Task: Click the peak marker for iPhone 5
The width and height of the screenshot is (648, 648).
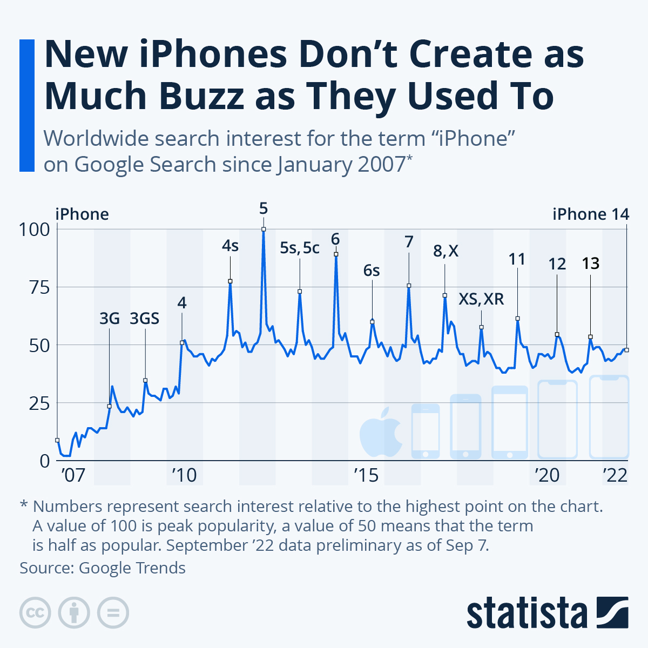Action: coord(264,229)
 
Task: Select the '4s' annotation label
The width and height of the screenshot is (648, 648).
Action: coord(230,246)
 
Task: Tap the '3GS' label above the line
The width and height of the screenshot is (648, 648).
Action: coord(145,319)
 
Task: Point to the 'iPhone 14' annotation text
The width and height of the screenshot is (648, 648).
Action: coord(591,214)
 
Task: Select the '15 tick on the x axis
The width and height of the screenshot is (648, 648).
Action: coord(366,475)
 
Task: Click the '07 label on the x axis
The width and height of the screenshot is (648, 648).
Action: coord(73,475)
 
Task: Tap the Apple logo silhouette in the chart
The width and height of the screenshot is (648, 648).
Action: coord(381,431)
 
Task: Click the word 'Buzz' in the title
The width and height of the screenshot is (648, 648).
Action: coord(198,96)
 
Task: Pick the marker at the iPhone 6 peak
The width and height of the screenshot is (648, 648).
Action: coord(336,254)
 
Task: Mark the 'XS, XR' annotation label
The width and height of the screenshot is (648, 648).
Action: coord(481,299)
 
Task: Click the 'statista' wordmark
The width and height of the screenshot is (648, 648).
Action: coord(527,613)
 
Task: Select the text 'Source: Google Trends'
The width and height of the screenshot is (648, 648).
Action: coord(103,568)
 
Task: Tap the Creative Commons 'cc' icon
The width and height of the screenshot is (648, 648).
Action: coord(35,613)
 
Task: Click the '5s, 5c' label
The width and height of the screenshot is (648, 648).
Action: coord(300,248)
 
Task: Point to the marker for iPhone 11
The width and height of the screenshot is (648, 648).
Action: coord(517,319)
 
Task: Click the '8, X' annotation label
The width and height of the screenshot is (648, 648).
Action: coord(446,251)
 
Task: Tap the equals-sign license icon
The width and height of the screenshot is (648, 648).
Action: coord(113,613)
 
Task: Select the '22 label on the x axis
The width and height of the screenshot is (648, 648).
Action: coord(615,475)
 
